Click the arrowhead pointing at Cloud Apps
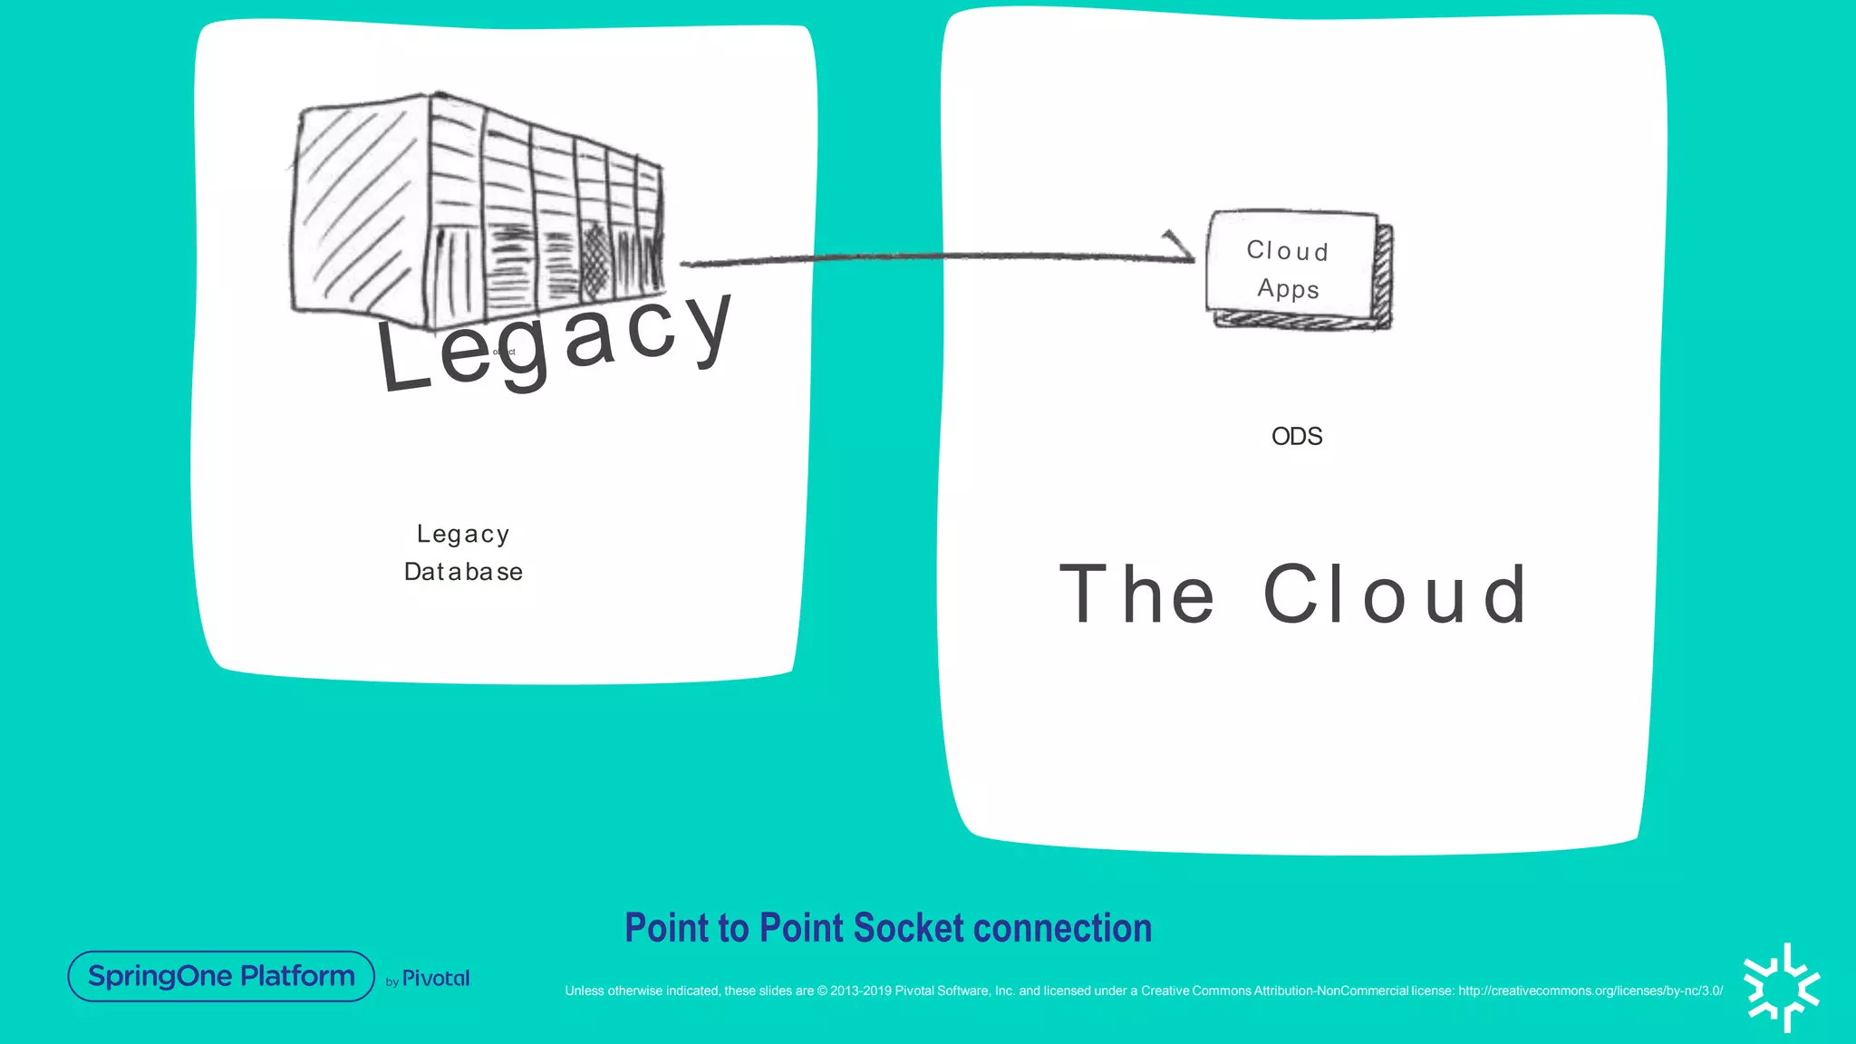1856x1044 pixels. tap(1181, 248)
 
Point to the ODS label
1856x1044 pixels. tap(1296, 437)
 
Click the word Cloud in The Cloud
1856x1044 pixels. tap(1396, 594)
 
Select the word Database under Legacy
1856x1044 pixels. tap(463, 572)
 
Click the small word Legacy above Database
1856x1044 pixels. tap(463, 534)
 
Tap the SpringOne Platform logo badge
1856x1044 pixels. tap(221, 976)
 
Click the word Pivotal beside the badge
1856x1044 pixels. tap(436, 979)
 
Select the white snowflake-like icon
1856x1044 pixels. tap(1782, 988)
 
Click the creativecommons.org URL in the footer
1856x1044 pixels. tap(1590, 991)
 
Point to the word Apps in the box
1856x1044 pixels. tap(1288, 289)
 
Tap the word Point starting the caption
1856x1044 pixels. tap(666, 928)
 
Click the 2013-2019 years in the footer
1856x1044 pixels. tap(861, 991)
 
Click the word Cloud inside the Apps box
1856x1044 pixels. tap(1287, 250)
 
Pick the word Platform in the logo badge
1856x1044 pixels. tap(297, 976)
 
